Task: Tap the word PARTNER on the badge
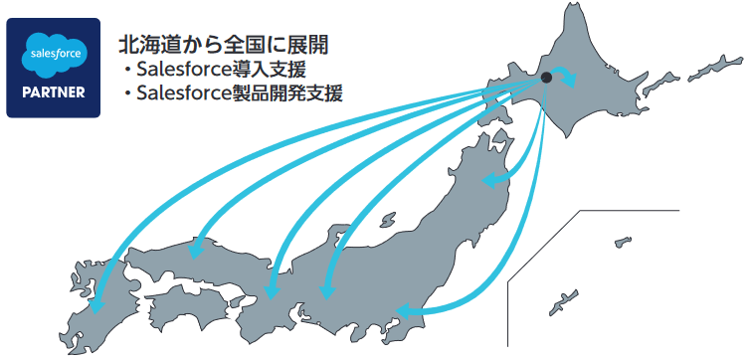(53, 93)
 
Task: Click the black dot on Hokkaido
(546, 77)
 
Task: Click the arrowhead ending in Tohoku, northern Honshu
(487, 182)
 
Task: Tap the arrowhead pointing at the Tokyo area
(404, 311)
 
